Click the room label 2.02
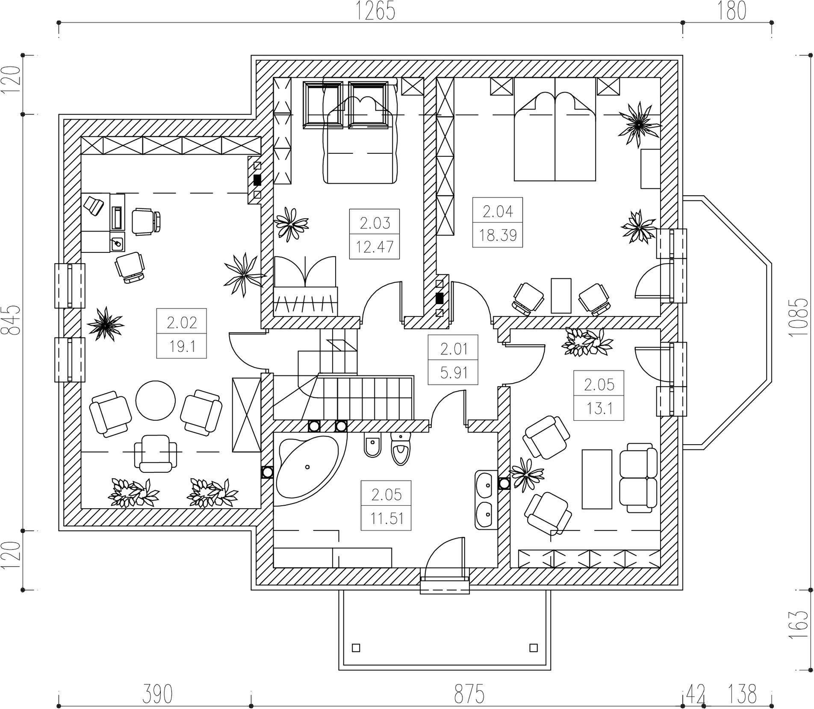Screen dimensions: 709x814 (182, 322)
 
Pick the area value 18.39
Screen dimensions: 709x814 (498, 235)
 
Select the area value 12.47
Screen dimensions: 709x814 (375, 247)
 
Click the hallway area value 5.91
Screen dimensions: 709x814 (453, 373)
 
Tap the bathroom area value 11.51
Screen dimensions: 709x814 (386, 519)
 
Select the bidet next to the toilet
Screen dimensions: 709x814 (373, 447)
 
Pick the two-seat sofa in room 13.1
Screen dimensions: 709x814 (638, 477)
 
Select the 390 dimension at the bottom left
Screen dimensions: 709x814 (157, 694)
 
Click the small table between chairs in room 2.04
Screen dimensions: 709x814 (561, 296)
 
